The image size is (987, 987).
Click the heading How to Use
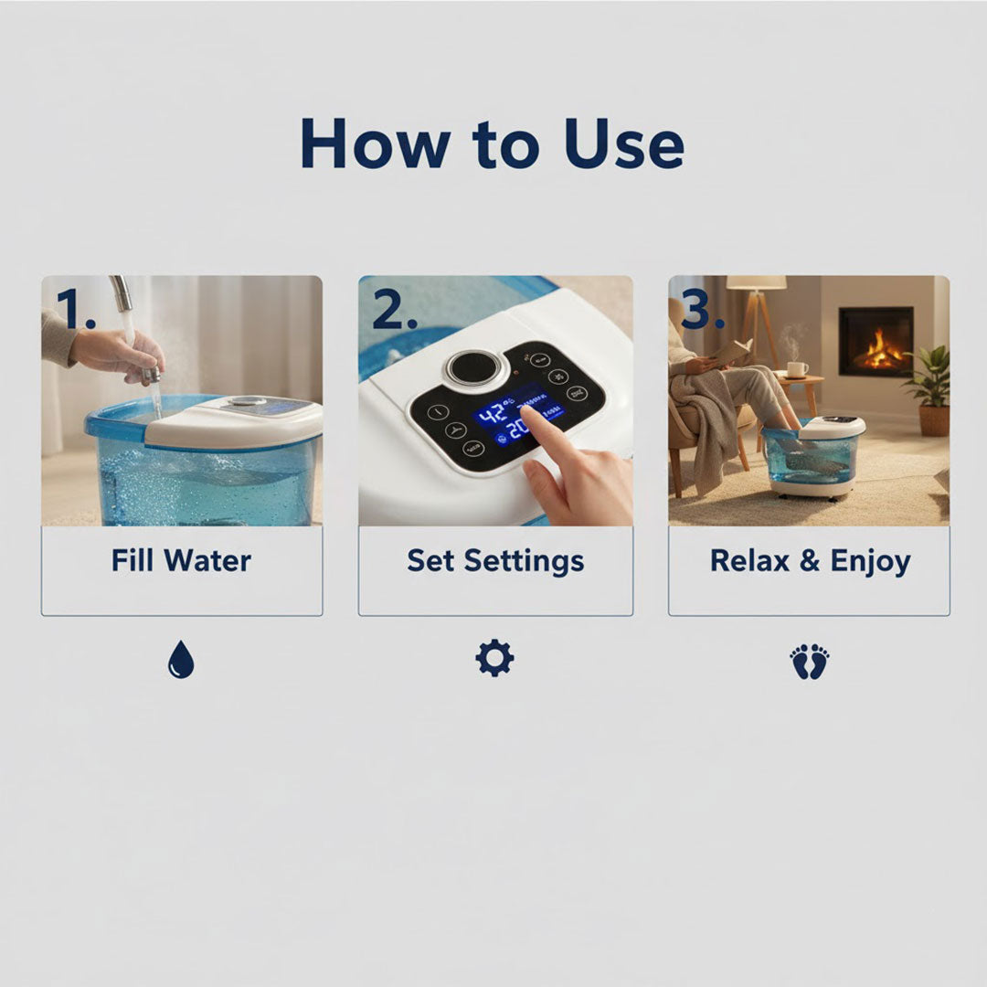[x=492, y=143]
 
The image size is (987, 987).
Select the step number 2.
[x=395, y=310]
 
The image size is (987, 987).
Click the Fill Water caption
[x=181, y=560]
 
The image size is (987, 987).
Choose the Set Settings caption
[x=495, y=560]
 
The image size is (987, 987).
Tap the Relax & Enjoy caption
[x=810, y=560]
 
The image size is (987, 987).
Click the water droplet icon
[x=181, y=659]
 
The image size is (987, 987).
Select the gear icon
[x=494, y=658]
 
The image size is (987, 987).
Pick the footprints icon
[x=809, y=661]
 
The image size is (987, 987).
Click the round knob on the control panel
[x=473, y=367]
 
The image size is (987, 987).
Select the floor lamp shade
[x=756, y=283]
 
